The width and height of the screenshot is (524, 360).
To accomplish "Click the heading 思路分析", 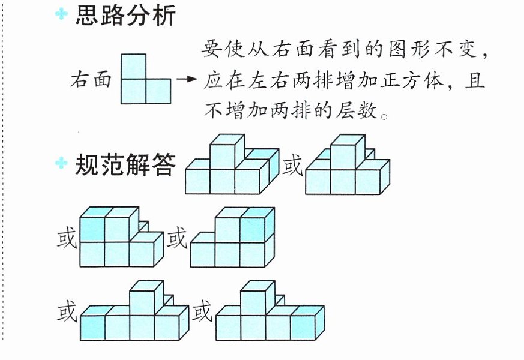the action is click(125, 16).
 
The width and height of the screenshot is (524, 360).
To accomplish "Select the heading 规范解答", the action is click(125, 164).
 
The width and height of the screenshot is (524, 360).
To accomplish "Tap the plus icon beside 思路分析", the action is click(61, 14).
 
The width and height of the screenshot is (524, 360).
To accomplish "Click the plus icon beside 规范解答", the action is click(61, 163).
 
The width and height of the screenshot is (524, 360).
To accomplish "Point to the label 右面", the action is click(91, 80).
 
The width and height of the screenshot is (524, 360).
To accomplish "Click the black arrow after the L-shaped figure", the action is click(187, 79).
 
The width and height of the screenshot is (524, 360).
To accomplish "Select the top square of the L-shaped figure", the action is click(133, 67).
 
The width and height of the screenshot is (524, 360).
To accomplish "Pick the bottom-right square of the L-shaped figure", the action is click(158, 91).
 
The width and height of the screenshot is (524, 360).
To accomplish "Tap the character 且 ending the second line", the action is click(475, 80).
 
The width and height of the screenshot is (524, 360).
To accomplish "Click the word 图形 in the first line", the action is click(410, 49).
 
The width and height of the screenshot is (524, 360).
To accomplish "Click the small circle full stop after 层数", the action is click(384, 117).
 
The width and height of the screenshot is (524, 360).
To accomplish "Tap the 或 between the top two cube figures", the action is click(292, 164).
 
